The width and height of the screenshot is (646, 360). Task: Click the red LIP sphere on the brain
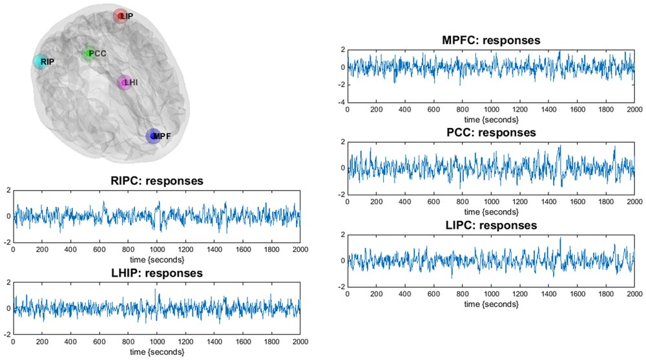tap(120, 16)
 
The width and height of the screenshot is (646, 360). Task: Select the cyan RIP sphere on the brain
tap(41, 61)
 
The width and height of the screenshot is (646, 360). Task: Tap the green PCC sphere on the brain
tap(89, 53)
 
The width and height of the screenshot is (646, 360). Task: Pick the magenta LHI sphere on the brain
tap(124, 83)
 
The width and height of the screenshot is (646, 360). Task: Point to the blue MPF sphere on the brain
tap(152, 136)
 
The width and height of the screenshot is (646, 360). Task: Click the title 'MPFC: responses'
tap(491, 40)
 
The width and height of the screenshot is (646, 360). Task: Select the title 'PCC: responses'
tap(491, 132)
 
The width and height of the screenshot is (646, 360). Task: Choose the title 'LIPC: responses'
tap(491, 226)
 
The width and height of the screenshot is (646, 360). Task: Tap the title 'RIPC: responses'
tap(156, 181)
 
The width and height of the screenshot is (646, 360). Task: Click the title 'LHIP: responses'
tap(156, 273)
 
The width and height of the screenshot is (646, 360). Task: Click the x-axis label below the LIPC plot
tap(491, 304)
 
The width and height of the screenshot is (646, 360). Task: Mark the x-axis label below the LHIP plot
tap(156, 352)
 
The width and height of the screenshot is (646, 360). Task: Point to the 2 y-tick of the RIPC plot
tap(7, 190)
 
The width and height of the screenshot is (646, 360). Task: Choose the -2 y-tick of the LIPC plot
tap(341, 287)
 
